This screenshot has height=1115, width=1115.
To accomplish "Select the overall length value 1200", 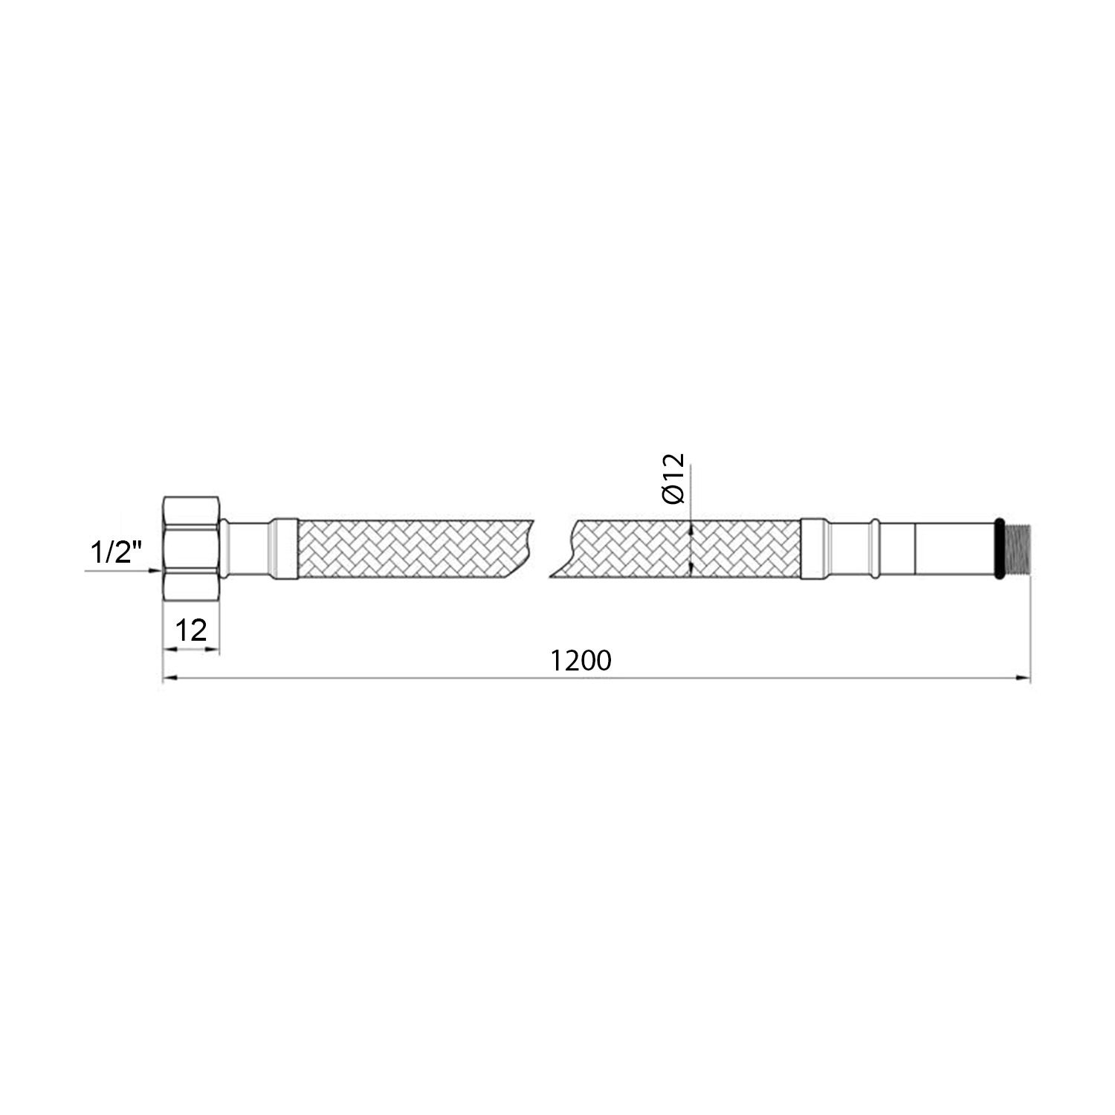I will [x=581, y=660].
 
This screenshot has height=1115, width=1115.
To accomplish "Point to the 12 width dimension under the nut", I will [x=191, y=630].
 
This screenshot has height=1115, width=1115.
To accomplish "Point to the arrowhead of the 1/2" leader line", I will [x=157, y=571].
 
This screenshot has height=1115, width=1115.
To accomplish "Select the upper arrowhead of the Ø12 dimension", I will [x=691, y=529].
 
